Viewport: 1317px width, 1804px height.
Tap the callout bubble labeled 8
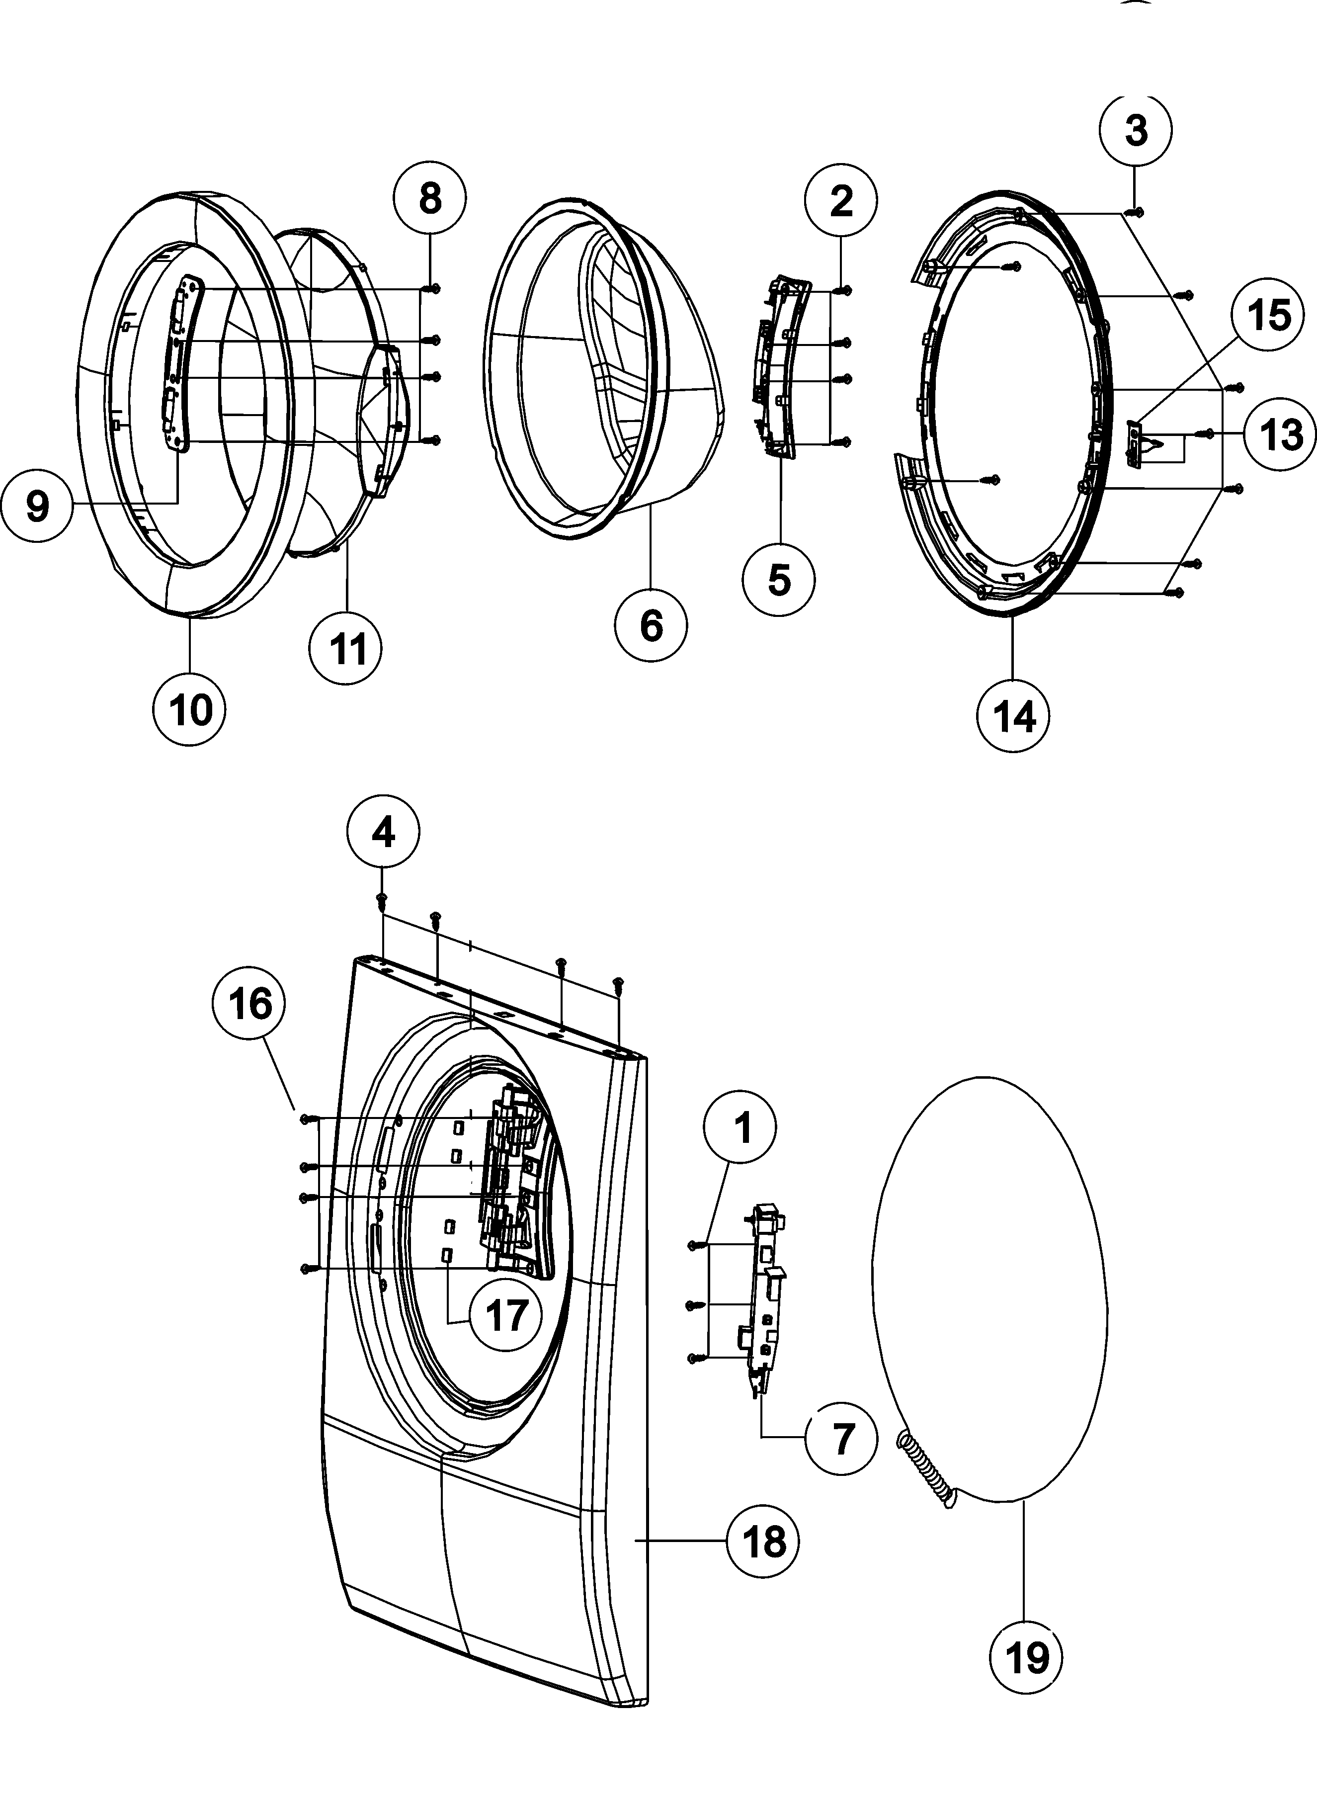pos(430,198)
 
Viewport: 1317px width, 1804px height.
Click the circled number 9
pos(37,506)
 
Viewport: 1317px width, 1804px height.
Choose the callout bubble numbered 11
pos(347,648)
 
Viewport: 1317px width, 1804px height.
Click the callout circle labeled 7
pos(842,1439)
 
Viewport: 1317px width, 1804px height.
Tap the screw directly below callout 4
pos(382,900)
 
